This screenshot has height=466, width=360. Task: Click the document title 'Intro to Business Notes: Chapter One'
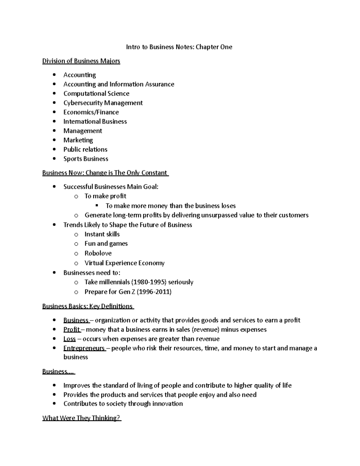[x=179, y=47]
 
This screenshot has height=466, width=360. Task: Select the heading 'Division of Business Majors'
[x=81, y=61]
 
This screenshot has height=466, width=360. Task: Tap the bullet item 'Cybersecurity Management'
[x=103, y=103]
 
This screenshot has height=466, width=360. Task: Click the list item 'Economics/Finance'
[x=91, y=112]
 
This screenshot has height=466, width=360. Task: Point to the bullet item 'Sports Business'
[x=85, y=159]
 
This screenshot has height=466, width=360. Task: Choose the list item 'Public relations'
[x=85, y=149]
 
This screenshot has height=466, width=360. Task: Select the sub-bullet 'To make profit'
[x=105, y=196]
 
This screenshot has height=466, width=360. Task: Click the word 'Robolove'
[x=98, y=253]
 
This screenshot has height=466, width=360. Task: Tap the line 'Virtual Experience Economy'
[x=124, y=263]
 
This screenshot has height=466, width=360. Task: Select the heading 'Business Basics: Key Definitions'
[x=87, y=306]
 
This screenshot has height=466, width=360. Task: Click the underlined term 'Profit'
[x=71, y=329]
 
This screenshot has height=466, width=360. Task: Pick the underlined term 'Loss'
[x=69, y=339]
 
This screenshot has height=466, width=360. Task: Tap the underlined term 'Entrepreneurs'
[x=84, y=348]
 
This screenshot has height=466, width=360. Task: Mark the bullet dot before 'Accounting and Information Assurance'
[x=54, y=84]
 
